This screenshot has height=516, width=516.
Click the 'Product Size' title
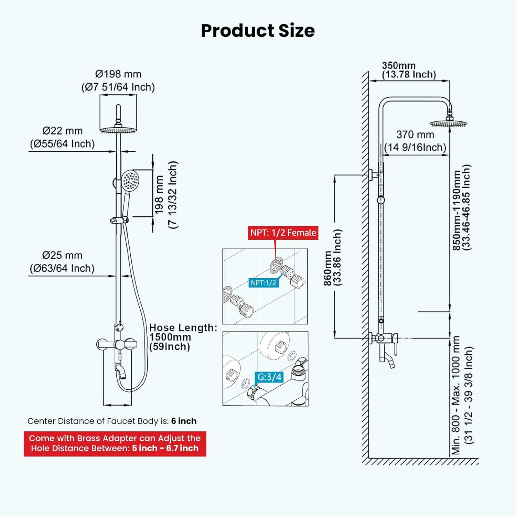point(258,31)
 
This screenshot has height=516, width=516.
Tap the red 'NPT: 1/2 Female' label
point(283,233)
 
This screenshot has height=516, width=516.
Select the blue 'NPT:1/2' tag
point(264,283)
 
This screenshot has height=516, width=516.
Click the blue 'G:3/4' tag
point(270,377)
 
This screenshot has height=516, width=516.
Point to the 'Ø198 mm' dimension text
point(118,74)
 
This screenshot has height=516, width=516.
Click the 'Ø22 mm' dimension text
point(63,131)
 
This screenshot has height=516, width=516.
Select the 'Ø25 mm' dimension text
point(62,256)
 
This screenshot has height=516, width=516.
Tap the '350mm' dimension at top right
point(399,65)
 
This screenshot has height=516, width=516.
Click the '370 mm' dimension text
point(415,135)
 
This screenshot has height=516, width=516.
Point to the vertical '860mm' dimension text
point(328,268)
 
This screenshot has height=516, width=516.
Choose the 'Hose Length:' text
point(183,328)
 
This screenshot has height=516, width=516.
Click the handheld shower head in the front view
point(130,181)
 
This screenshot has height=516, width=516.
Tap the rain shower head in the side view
point(449,123)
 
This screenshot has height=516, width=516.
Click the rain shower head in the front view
point(118,129)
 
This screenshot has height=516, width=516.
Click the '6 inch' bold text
point(184,421)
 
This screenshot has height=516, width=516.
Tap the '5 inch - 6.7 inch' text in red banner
point(165,448)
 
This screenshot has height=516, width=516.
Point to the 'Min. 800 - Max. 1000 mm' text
point(455,396)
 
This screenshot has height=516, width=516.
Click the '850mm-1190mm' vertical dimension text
point(456,211)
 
